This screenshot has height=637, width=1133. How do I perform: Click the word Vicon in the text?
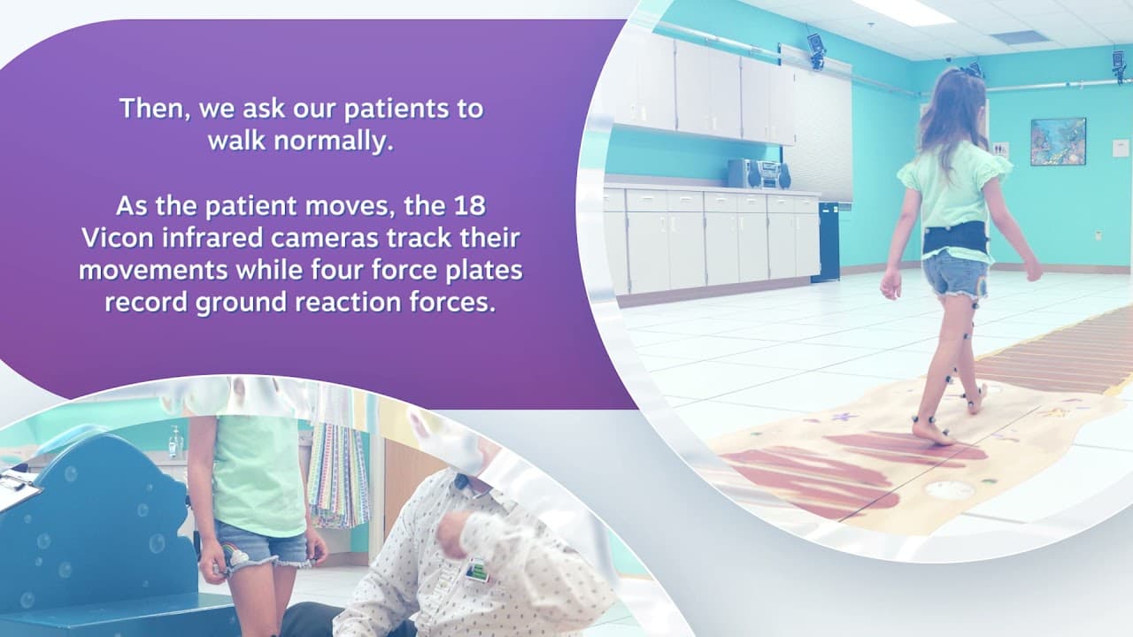click(x=118, y=238)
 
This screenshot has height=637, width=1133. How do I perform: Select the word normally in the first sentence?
click(x=334, y=141)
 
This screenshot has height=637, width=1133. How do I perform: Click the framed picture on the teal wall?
click(x=1058, y=142)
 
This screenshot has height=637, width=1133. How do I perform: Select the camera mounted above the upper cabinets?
click(x=816, y=50)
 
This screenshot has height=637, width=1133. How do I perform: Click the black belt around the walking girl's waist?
click(x=955, y=239)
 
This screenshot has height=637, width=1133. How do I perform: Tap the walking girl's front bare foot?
click(x=933, y=434)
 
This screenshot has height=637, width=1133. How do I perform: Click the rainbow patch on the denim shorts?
click(x=235, y=554)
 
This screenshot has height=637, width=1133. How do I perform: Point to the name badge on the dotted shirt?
click(x=477, y=570)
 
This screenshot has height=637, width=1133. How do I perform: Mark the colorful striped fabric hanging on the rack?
click(x=338, y=475)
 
